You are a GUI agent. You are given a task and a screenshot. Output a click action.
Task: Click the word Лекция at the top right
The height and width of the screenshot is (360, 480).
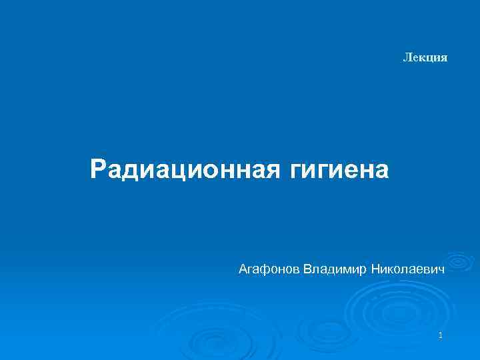(x=425, y=58)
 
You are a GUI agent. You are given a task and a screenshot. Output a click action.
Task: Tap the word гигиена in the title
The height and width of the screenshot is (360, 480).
(x=339, y=170)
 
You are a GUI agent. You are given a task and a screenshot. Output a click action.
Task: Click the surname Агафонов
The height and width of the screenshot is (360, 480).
(x=269, y=270)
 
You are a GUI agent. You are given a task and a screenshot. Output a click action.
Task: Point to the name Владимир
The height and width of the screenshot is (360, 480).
(x=335, y=270)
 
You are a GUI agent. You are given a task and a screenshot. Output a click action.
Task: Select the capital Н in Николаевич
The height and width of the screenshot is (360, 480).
(x=375, y=270)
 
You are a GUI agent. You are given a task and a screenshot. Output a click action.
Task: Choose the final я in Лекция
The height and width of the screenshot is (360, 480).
(x=444, y=59)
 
